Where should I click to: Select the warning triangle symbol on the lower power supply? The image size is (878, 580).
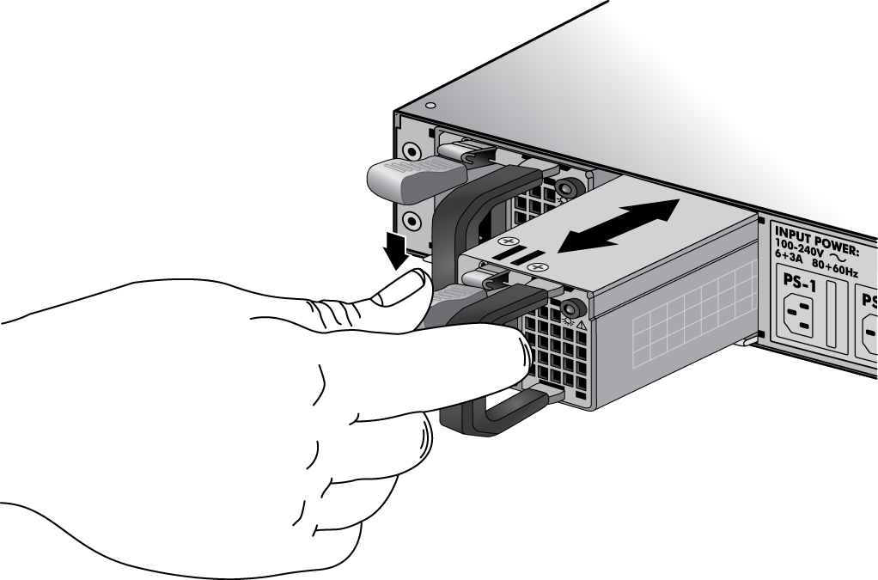582,325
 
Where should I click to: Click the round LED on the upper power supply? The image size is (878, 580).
565,186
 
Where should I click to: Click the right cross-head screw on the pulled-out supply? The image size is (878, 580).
540,267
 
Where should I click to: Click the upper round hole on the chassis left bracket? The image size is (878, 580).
412,152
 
